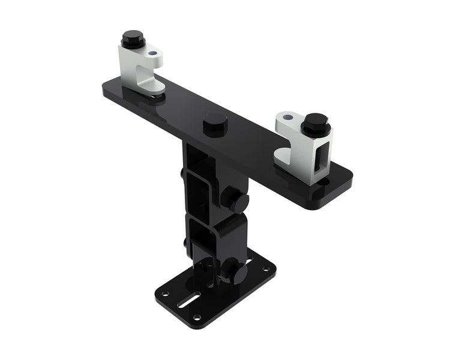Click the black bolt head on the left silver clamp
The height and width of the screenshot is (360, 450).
coord(133,40)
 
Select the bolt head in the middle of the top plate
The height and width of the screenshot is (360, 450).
coord(215,123)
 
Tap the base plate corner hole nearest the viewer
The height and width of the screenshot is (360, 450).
coord(196,316)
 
